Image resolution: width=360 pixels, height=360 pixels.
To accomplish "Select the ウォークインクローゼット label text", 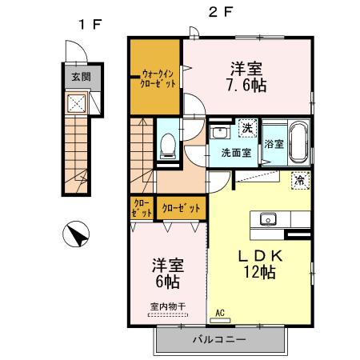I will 157,77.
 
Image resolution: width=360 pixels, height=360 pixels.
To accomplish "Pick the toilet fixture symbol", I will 168,144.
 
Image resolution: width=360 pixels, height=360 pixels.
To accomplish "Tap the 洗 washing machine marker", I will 247,128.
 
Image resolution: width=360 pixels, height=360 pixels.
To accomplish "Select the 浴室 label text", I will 274,144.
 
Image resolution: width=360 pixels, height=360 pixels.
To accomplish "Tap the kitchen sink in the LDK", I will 266,219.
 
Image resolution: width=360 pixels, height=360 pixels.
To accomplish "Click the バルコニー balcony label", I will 218,339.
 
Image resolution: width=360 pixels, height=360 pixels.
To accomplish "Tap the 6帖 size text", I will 167,282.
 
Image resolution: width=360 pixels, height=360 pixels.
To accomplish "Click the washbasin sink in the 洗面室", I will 220,132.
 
